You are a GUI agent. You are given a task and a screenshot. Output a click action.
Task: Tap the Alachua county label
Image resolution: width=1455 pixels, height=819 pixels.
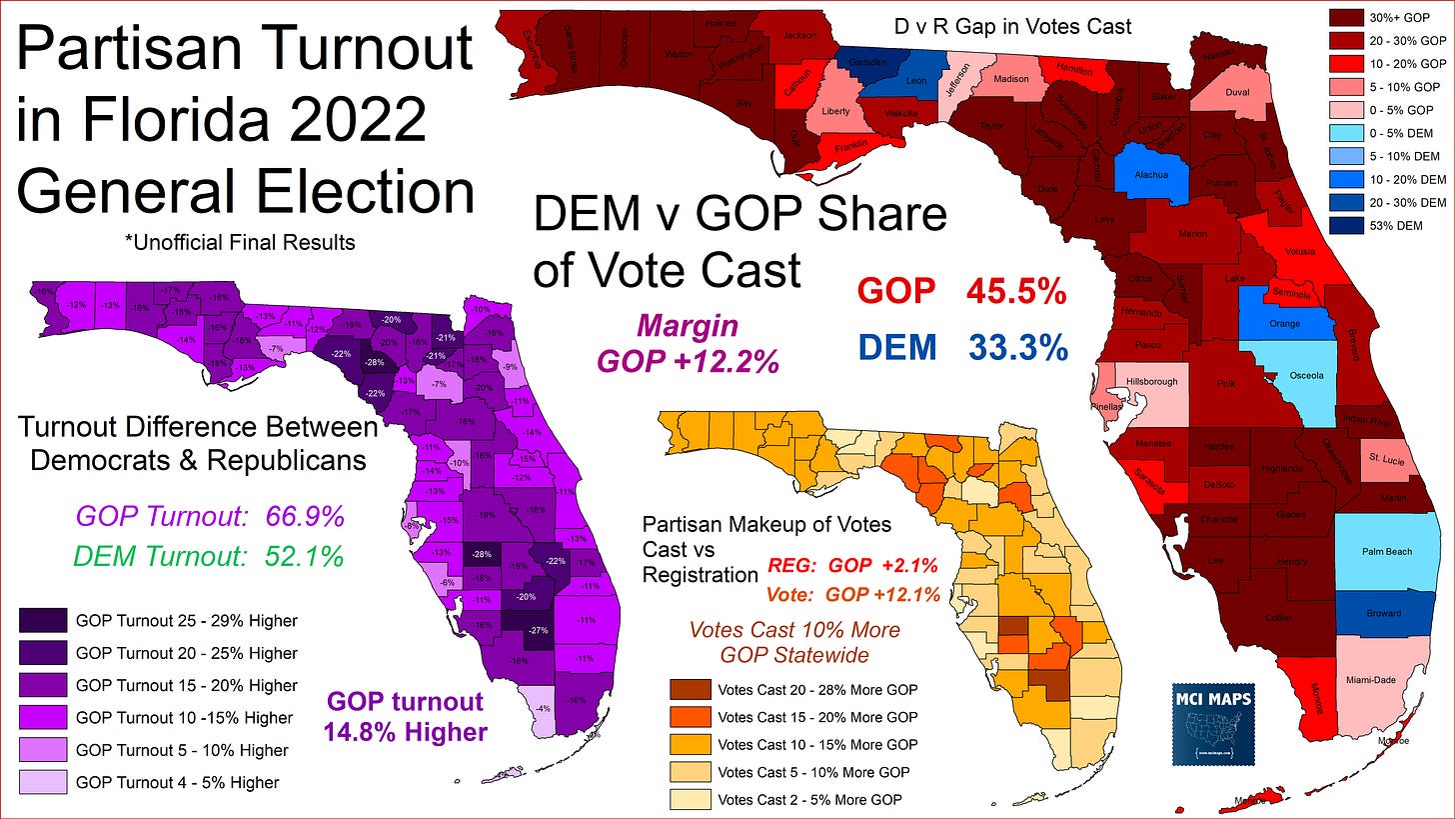coord(1152,172)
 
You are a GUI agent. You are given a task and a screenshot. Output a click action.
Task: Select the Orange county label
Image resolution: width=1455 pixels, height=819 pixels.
coord(1285,323)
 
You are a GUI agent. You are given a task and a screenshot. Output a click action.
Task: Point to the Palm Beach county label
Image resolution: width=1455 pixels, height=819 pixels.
coord(1383,551)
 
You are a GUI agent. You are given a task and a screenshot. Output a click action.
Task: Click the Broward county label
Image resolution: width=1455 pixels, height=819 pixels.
coord(1383,613)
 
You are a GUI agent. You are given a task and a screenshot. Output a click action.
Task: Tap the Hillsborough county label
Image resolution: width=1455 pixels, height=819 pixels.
coord(1151,381)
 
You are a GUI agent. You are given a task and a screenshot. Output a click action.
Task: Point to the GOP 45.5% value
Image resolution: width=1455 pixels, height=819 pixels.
coord(1016,292)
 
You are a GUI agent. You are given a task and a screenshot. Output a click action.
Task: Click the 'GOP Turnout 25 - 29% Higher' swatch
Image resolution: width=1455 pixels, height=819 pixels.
coord(42,621)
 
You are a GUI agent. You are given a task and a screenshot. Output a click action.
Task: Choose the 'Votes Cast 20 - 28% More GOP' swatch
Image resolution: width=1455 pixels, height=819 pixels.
coord(690,690)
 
